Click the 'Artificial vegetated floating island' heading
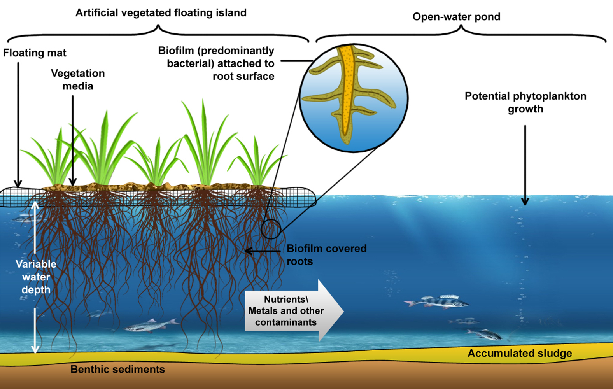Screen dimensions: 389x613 [161, 13]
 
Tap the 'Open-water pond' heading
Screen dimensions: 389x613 [456, 17]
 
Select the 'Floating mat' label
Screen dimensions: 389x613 [35, 53]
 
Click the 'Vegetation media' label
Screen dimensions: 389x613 [78, 80]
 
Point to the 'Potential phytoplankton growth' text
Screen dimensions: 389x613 [525, 102]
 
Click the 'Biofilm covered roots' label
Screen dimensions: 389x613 [326, 255]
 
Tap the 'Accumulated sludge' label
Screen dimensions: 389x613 [520, 353]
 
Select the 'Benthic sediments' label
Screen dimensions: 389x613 [117, 369]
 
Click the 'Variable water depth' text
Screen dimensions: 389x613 [36, 277]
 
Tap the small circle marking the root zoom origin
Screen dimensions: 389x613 [271, 229]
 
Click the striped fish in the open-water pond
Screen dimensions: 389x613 [438, 302]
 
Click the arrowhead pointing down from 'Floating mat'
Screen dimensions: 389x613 [18, 184]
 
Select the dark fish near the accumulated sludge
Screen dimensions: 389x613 [484, 334]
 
